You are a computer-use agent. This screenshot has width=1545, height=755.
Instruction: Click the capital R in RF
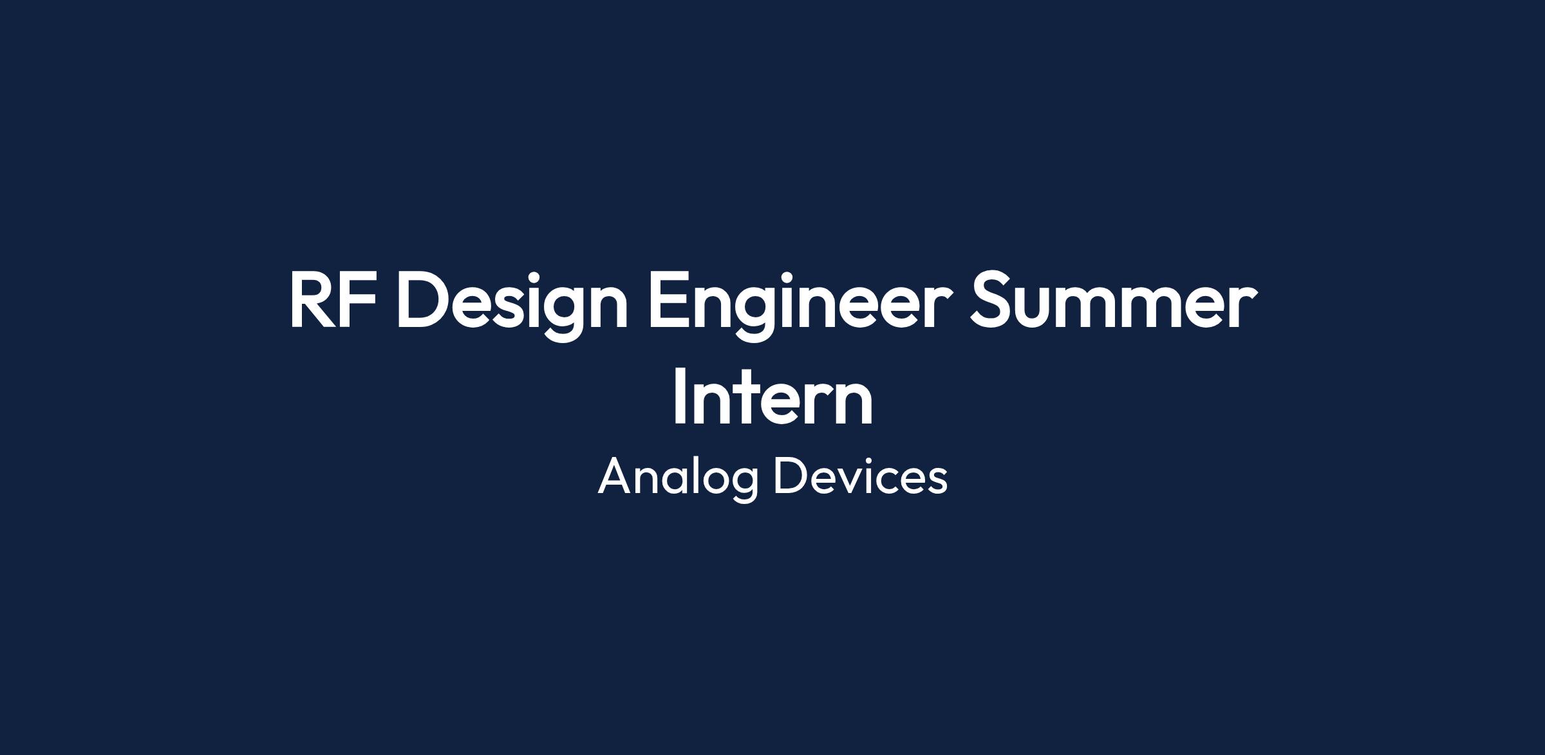click(x=315, y=299)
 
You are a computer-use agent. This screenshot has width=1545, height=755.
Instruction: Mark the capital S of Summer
click(x=991, y=299)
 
